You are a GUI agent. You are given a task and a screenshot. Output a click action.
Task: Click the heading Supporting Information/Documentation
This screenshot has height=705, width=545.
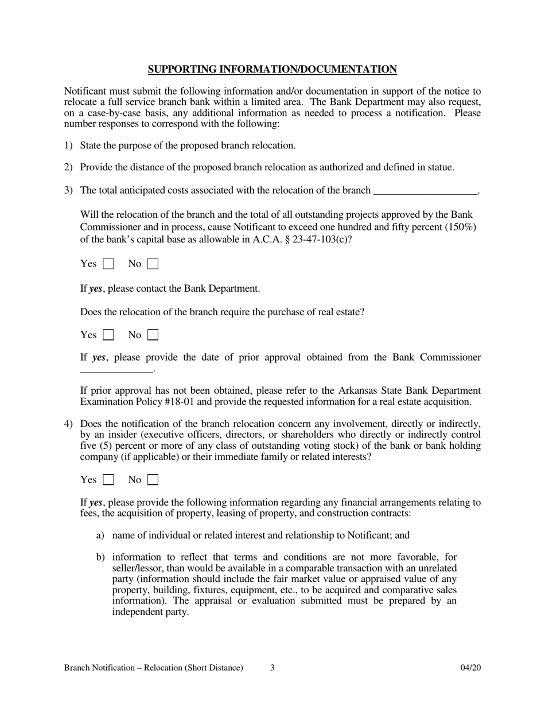point(272,69)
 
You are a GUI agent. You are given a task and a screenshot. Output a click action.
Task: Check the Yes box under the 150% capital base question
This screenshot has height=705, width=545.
point(108,264)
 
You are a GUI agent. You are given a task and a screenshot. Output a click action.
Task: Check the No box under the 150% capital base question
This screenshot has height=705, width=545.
point(153,264)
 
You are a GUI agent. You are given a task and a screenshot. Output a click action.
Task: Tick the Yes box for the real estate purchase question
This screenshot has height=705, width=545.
point(108,335)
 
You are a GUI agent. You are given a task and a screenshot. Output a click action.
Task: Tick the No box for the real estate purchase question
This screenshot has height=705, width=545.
point(153,335)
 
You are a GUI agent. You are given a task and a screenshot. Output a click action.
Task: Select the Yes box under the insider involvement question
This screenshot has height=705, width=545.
point(108,480)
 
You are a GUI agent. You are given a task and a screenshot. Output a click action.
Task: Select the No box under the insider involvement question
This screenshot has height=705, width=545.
point(153,480)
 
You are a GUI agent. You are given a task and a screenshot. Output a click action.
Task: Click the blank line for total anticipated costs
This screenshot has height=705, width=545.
point(425,191)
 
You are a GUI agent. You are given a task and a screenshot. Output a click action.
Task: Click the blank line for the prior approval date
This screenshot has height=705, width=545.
point(117,370)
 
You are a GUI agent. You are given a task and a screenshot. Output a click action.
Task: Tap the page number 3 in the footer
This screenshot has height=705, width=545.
point(272,668)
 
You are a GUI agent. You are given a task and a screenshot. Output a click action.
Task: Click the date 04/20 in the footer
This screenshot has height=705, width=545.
point(470,668)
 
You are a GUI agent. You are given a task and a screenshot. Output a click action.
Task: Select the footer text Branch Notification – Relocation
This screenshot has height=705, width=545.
point(153,668)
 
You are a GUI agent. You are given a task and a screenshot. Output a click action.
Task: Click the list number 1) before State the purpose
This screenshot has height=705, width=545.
point(68,146)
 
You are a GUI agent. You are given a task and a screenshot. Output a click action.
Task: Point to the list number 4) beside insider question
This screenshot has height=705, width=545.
point(68,424)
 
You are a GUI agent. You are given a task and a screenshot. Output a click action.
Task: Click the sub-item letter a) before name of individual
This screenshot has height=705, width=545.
point(100,535)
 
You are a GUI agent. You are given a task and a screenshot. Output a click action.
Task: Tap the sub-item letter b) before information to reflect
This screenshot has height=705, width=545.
point(100,557)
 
